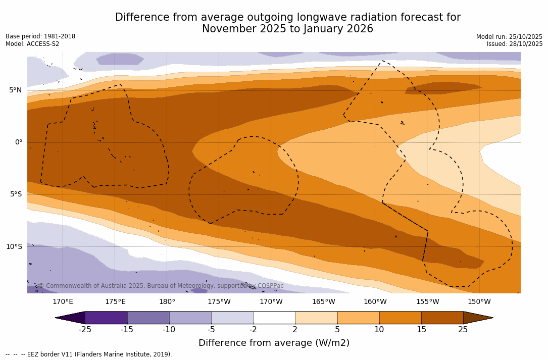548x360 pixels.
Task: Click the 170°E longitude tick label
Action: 63,302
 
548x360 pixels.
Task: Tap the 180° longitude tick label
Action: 167,302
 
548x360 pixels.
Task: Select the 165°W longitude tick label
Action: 323,302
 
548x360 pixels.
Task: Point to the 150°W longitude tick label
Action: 479,302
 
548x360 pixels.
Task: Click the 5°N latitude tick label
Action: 15,90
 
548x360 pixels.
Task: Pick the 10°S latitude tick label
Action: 14,246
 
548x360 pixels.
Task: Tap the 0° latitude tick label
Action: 19,142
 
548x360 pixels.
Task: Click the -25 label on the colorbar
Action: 85,330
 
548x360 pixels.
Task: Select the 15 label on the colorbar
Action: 421,330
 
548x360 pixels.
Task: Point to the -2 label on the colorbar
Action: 253,330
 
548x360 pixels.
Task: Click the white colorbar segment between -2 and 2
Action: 274,318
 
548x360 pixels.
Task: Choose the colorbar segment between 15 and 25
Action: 442,318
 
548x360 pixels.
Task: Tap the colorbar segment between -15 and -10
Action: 148,318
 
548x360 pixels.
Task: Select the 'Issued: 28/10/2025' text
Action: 514,44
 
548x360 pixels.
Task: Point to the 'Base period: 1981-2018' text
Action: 40,36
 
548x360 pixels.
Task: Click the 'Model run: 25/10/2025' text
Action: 509,37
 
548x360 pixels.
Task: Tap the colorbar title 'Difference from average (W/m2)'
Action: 274,343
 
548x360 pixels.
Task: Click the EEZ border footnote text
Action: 89,354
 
